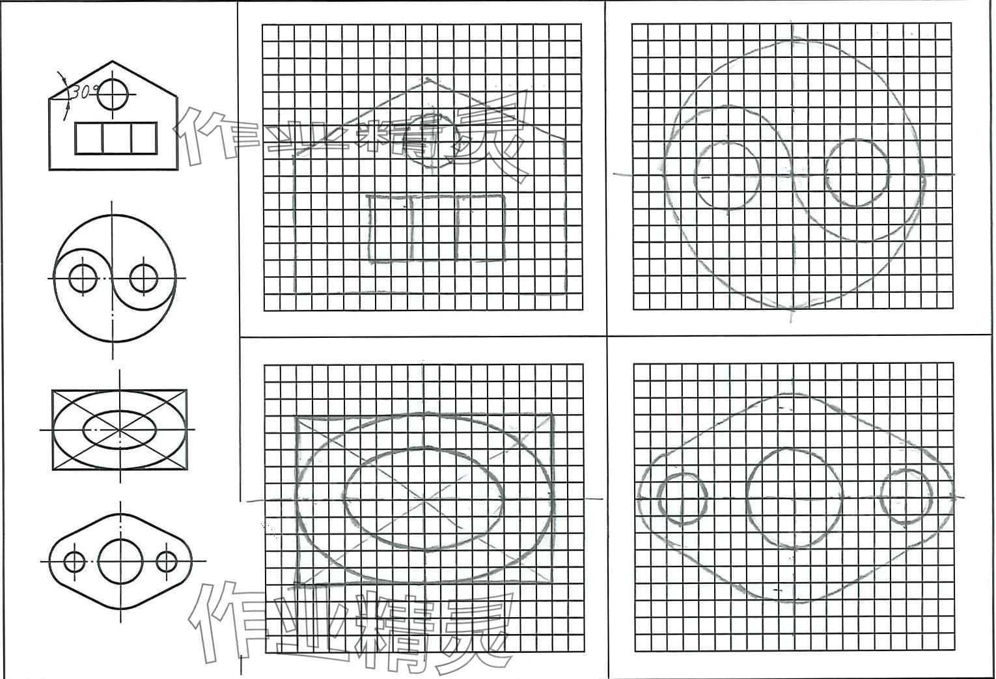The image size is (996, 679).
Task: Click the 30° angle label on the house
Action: pyautogui.click(x=82, y=92)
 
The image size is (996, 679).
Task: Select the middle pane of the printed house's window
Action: pyautogui.click(x=117, y=138)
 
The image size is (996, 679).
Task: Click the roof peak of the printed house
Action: pyautogui.click(x=113, y=61)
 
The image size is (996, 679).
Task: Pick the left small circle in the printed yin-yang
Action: pyautogui.click(x=83, y=264)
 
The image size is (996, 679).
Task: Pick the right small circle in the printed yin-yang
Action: pyautogui.click(x=144, y=264)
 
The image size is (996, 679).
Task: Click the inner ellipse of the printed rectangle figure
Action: pyautogui.click(x=119, y=411)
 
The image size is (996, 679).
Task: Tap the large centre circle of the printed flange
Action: pyautogui.click(x=120, y=540)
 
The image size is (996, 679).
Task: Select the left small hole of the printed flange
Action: pyautogui.click(x=74, y=551)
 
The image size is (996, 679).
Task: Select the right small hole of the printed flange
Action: pyautogui.click(x=167, y=551)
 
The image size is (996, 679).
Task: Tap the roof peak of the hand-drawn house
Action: pyautogui.click(x=428, y=79)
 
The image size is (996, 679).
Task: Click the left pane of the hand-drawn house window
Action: pyautogui.click(x=390, y=228)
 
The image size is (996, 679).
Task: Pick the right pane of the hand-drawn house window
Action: pyautogui.click(x=480, y=227)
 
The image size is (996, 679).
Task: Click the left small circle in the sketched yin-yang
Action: pyautogui.click(x=727, y=143)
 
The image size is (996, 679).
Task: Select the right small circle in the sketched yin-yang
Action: pyautogui.click(x=857, y=139)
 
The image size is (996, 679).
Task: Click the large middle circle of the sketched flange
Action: pyautogui.click(x=794, y=449)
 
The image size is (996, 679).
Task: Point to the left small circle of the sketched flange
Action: pyautogui.click(x=683, y=474)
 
